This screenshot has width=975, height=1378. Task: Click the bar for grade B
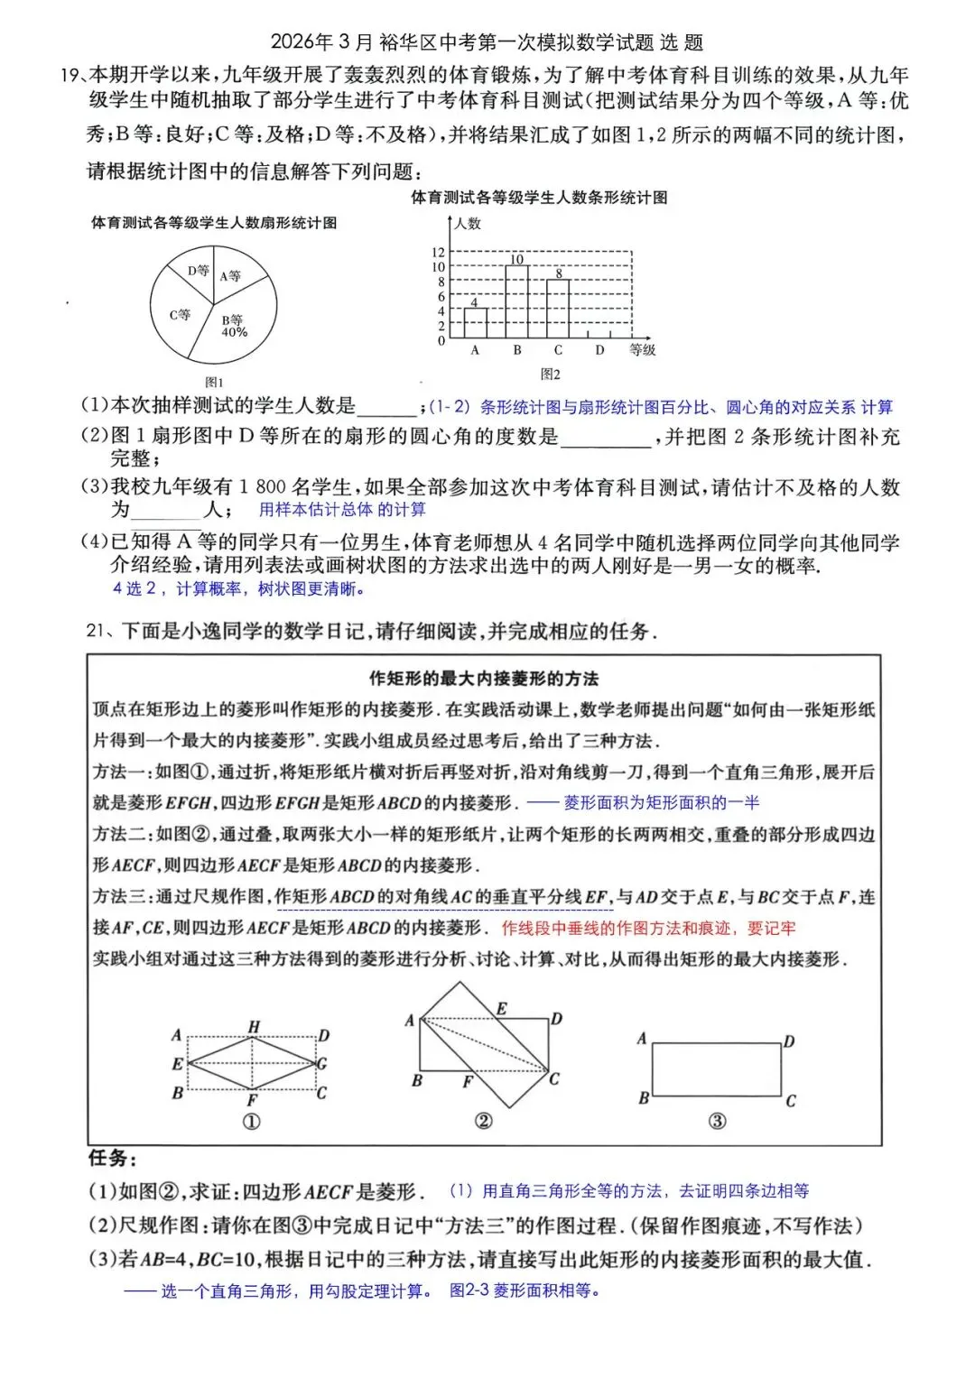(x=516, y=302)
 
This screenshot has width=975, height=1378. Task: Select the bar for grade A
(x=475, y=323)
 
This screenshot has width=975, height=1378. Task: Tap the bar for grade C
(x=558, y=310)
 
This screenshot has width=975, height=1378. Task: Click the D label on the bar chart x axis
(x=599, y=350)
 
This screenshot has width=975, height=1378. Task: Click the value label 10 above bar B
(x=516, y=260)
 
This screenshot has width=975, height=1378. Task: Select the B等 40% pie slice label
(x=233, y=326)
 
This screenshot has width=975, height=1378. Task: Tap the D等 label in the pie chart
(x=198, y=270)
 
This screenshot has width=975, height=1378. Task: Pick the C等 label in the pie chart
(x=180, y=315)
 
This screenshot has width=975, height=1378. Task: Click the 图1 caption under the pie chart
(x=214, y=383)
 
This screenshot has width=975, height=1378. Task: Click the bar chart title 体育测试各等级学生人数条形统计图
(x=539, y=198)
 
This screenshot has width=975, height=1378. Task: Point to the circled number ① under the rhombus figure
(x=252, y=1121)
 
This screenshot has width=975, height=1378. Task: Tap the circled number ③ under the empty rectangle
(x=716, y=1121)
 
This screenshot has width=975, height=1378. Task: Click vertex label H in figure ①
(x=254, y=1027)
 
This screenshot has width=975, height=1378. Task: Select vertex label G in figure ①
(x=321, y=1063)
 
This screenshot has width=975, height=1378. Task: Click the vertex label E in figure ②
(x=502, y=1008)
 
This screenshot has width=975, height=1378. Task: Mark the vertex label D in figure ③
(x=789, y=1041)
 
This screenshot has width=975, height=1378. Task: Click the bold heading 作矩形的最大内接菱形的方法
(x=484, y=679)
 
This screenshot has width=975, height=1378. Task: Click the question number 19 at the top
(x=70, y=76)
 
